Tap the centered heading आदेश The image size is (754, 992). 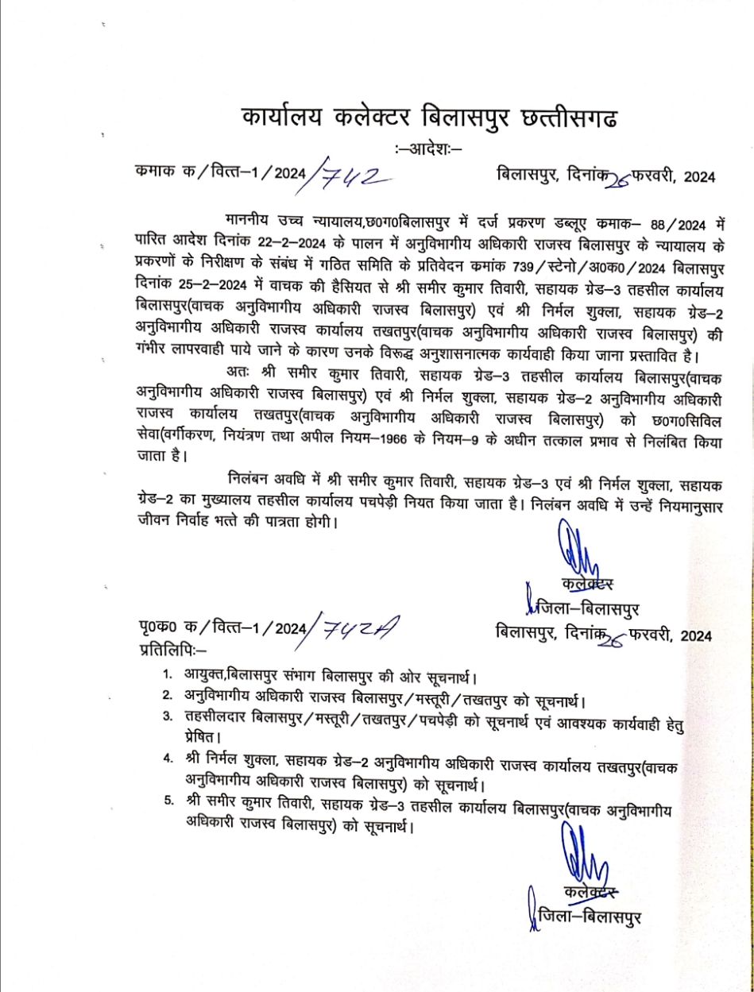click(427, 149)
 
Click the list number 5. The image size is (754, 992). click(168, 800)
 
